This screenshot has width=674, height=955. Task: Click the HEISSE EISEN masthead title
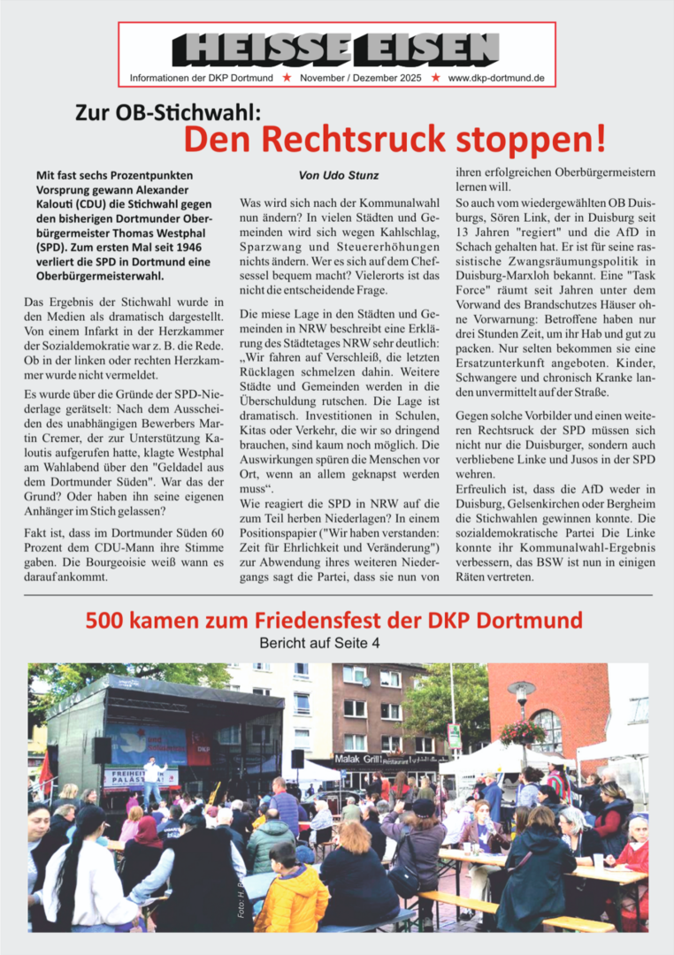tap(337, 49)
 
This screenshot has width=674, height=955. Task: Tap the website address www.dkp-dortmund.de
tap(496, 78)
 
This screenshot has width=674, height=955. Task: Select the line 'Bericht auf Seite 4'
tap(319, 643)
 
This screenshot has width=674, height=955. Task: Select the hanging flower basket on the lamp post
tap(521, 733)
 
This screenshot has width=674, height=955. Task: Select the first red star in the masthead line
tap(286, 78)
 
